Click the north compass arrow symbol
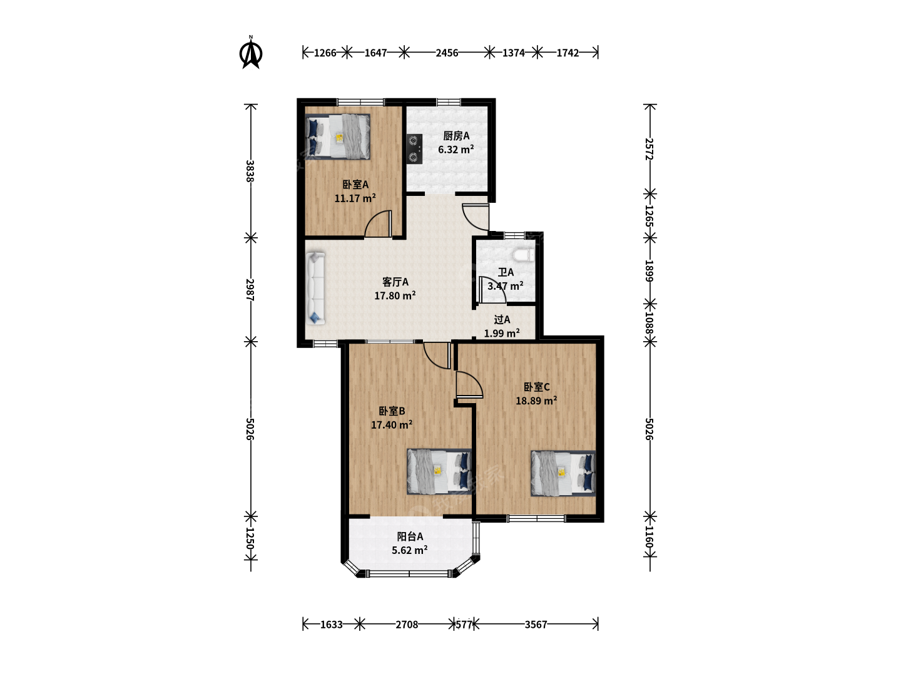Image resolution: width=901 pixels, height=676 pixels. pos(251,53)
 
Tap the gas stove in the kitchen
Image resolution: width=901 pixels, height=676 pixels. pos(414,148)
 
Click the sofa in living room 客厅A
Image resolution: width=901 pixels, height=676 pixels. pos(315,289)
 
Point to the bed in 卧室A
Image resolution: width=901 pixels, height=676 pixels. pos(337,136)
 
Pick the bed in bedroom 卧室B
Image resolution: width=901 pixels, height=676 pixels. pos(439,471)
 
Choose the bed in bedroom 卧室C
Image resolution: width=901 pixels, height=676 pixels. pos(562,473)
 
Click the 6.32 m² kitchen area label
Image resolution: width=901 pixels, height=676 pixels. pos(456,150)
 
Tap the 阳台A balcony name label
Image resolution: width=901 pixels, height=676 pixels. pos(410,536)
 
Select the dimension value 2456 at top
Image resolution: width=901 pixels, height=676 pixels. pos(447,53)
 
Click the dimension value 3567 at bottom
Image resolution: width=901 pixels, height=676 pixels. pos(536,624)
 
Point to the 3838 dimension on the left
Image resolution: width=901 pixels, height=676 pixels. pos(250,171)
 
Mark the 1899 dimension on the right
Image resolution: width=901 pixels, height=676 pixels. pos(649,271)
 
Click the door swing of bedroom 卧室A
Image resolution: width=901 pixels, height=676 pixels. pos(377,223)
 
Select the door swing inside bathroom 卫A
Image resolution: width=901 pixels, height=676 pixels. pos(492,290)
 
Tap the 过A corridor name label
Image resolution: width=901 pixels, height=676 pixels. pos(502,319)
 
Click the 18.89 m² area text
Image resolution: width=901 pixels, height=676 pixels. pos(536,401)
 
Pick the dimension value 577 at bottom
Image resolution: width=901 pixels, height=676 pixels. pos(464,625)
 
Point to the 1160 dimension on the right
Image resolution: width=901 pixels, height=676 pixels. pos(649,536)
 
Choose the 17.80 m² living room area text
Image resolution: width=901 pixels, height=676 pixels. pos(395,295)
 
